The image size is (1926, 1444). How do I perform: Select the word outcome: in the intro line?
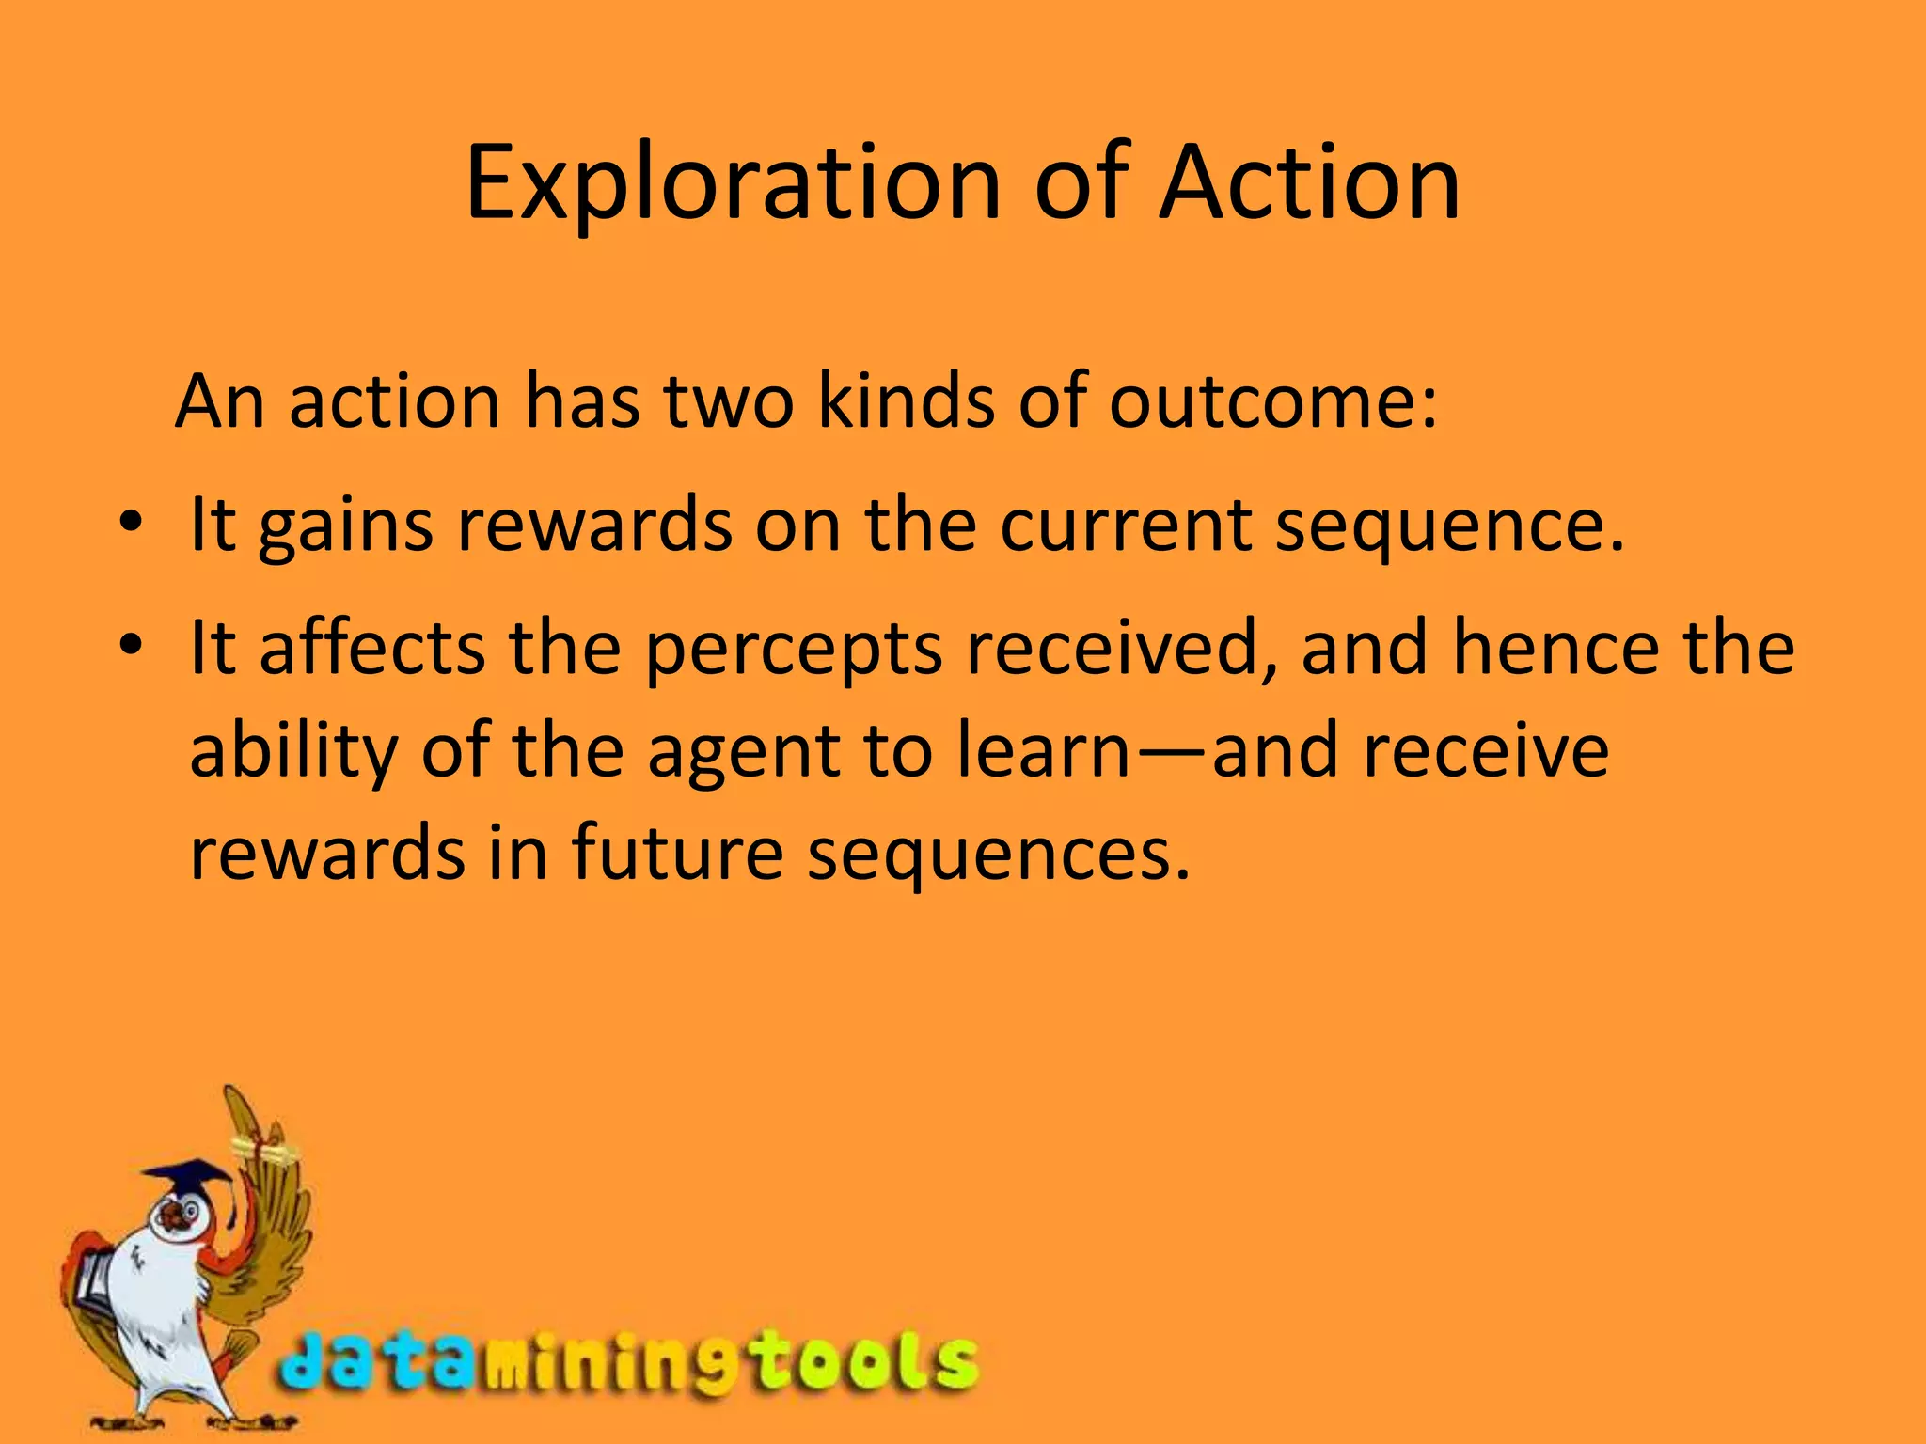(1272, 402)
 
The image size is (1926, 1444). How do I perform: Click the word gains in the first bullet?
(345, 526)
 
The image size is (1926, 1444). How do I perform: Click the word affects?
(371, 649)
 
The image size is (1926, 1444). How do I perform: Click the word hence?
(1555, 649)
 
